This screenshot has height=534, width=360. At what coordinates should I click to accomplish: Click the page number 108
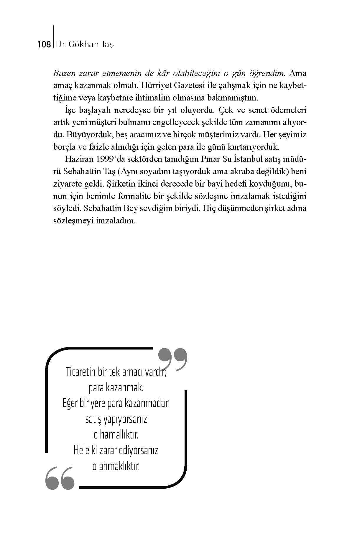(44, 44)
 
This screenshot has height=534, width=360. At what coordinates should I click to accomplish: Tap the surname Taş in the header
(107, 44)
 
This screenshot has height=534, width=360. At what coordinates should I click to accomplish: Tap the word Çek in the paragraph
(227, 110)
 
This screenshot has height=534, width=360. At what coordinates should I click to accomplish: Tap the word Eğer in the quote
(70, 403)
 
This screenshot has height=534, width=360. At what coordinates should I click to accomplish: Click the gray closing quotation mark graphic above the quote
(173, 358)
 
